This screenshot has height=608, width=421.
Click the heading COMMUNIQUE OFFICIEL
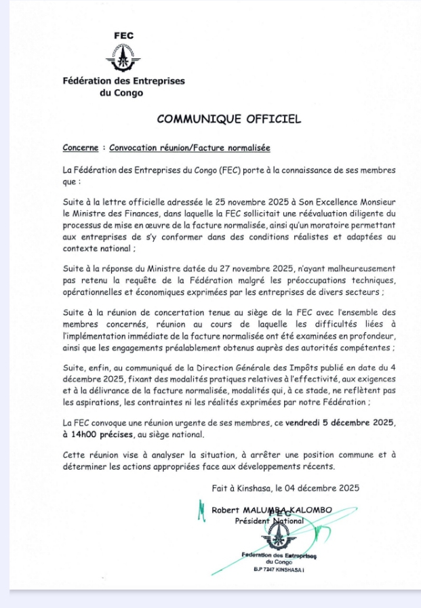pos(228,119)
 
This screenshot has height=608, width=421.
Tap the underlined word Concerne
pos(80,148)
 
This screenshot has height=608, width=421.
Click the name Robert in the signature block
pos(226,510)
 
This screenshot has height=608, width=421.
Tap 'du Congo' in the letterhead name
pos(121,93)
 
